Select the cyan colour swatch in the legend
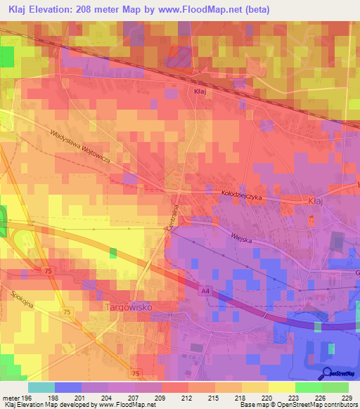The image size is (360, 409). coord(41,387)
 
